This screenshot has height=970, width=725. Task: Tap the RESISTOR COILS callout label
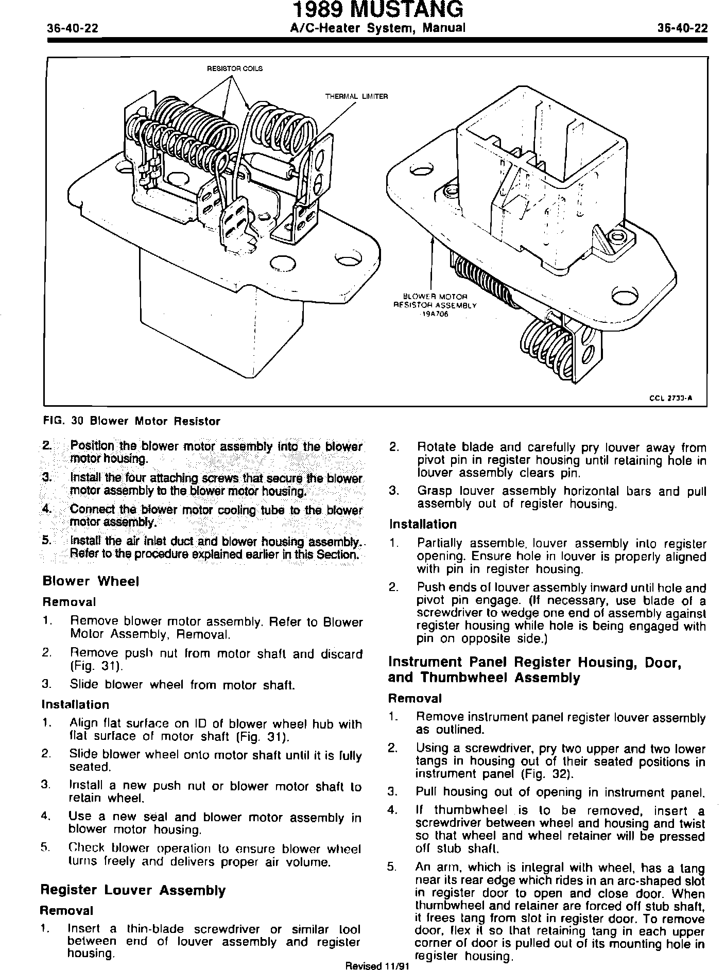234,69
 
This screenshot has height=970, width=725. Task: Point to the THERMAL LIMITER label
356,96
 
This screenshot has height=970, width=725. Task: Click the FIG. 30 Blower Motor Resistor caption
131,421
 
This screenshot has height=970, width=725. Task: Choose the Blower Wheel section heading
91,581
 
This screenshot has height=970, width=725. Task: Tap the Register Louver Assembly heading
133,890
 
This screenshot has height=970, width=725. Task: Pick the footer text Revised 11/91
377,966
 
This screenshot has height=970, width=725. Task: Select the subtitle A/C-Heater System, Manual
377,28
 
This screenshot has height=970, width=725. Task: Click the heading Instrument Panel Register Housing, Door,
535,662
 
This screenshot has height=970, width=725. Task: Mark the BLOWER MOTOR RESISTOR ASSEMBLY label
435,301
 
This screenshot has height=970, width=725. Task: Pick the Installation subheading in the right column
422,524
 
